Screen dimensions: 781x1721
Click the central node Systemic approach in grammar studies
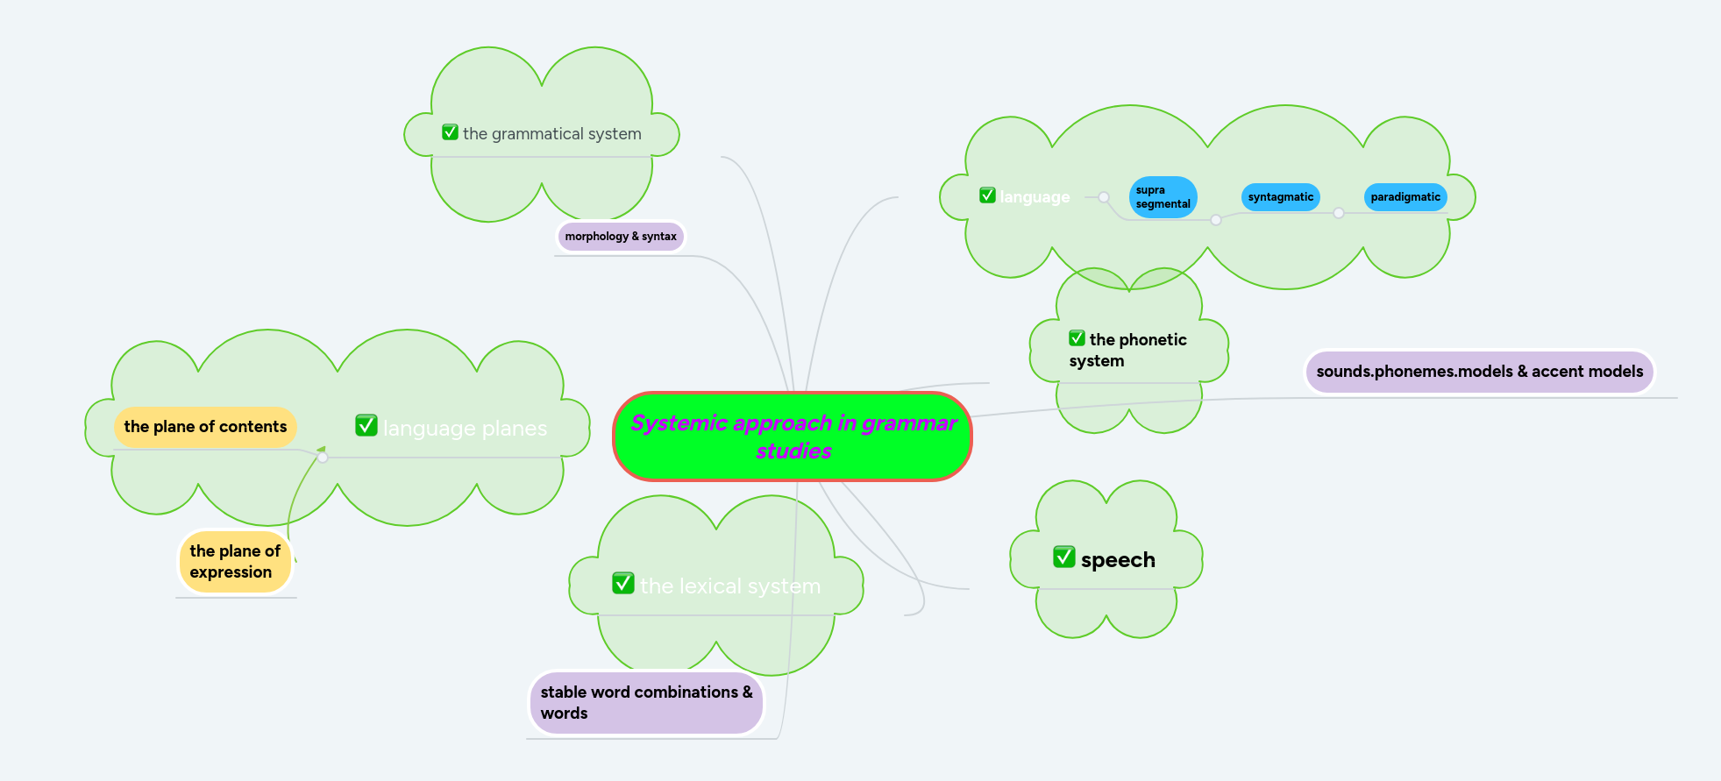(x=793, y=437)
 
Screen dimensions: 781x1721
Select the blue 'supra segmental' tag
(x=1163, y=197)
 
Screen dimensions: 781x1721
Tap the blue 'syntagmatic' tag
(x=1280, y=197)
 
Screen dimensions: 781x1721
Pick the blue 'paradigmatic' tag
(x=1405, y=197)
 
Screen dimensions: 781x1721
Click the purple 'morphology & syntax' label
(x=620, y=237)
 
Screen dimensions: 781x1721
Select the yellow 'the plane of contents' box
(x=205, y=427)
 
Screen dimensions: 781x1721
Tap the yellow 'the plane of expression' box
(x=234, y=562)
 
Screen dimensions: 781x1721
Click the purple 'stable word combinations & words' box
(x=646, y=703)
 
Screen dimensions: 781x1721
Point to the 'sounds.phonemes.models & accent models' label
(x=1479, y=372)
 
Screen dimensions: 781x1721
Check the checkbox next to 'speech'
(x=1063, y=557)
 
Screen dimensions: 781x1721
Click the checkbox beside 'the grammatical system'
(x=450, y=132)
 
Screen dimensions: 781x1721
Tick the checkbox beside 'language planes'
(x=366, y=425)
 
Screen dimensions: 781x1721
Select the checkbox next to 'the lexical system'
(x=622, y=583)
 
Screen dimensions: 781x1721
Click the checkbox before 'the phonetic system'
(x=1077, y=338)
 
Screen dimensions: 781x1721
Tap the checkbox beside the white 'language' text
(x=987, y=195)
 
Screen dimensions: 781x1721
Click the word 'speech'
(x=1118, y=560)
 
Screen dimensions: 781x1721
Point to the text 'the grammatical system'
(x=551, y=134)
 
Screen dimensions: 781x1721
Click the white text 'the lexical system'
(x=729, y=586)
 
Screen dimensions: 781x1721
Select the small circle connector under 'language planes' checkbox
(x=323, y=458)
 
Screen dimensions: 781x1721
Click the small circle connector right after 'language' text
(x=1104, y=197)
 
